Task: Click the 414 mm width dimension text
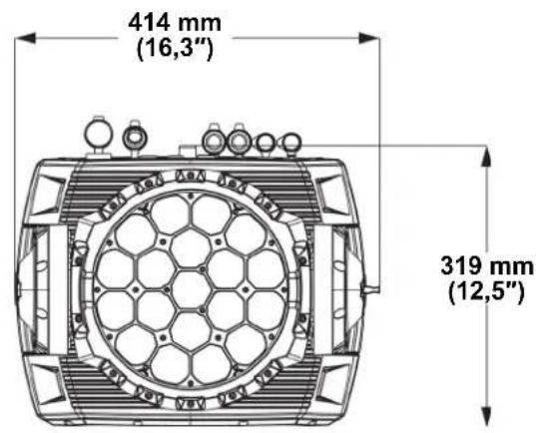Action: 175,23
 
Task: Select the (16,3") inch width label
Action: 175,50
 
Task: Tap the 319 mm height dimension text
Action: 487,265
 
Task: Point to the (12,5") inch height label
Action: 487,293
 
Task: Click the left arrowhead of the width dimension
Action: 25,38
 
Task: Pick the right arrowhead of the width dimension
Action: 369,38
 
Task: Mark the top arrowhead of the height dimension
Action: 486,157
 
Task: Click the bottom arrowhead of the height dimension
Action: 486,416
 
